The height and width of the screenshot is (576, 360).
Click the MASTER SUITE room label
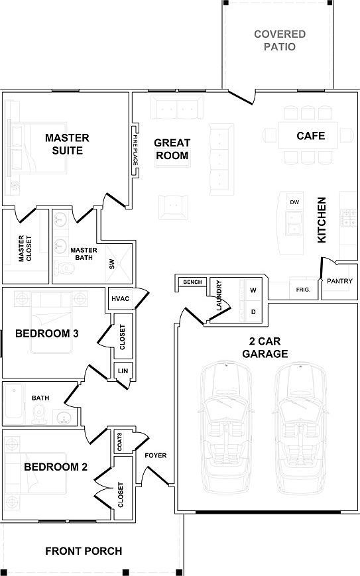pos(67,144)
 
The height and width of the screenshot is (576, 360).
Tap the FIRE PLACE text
pos(135,150)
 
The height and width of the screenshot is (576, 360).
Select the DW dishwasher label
pos(294,202)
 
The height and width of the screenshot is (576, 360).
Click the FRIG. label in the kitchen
pos(303,290)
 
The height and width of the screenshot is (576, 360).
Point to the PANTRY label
pos(339,281)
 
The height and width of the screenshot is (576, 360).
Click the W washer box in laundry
pos(253,290)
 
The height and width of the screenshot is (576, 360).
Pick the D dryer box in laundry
pos(253,312)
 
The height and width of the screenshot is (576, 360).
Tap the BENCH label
pos(192,282)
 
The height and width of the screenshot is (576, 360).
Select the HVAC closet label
pos(121,298)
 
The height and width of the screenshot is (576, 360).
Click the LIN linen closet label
pos(123,371)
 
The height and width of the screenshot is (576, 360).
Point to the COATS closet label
pos(119,441)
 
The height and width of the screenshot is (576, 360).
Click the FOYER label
pos(155,455)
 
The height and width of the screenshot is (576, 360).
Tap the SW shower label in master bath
pos(111,264)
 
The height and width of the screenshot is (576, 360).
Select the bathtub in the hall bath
pos(14,402)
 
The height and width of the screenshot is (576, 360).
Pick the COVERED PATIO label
pos(280,40)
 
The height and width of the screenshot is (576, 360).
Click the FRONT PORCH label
pos(84,551)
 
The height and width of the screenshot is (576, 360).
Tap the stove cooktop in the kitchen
pos(348,217)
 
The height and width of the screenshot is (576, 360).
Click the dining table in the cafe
pos(308,135)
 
